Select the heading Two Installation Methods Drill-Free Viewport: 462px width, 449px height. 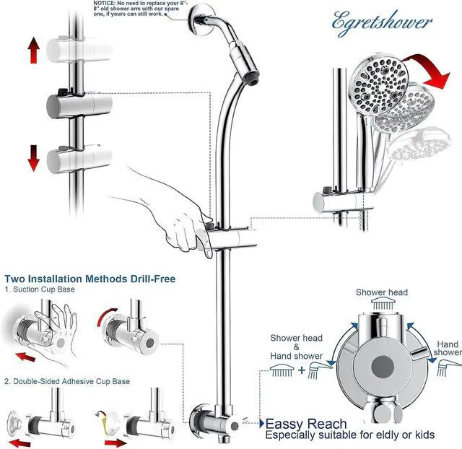[90, 278]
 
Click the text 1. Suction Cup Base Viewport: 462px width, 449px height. [40, 289]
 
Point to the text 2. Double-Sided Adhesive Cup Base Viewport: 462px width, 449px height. [67, 380]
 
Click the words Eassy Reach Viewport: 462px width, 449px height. [306, 424]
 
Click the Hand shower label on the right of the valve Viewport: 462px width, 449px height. [448, 348]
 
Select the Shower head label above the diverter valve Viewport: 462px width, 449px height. [381, 292]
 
